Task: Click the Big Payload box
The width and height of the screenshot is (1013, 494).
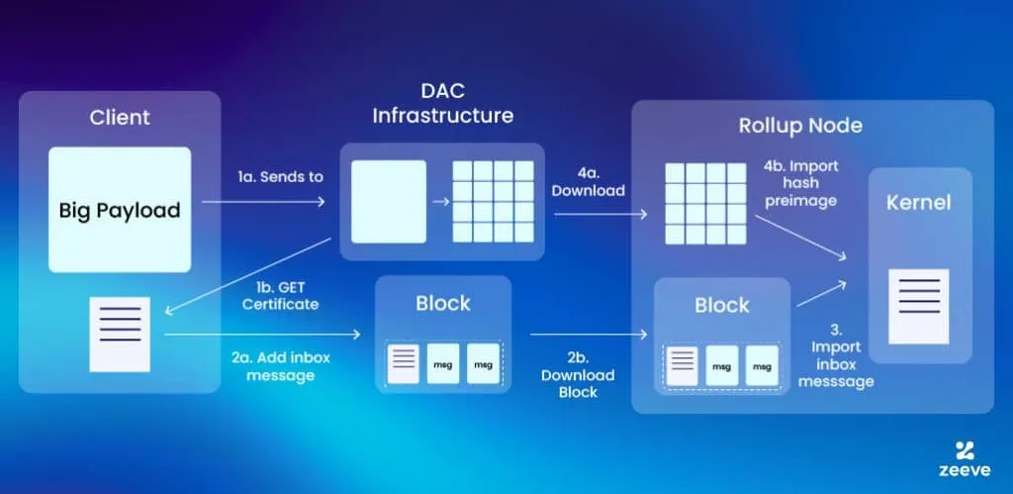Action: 119,210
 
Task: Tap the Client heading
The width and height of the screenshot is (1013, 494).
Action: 120,117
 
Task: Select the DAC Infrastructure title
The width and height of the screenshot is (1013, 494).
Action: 442,103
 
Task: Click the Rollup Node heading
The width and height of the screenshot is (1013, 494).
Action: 800,126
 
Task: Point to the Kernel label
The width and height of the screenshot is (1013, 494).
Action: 919,203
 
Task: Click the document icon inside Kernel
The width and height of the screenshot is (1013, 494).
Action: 918,306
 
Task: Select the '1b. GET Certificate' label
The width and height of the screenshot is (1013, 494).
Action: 280,295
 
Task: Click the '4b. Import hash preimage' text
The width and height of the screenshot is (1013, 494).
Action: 800,182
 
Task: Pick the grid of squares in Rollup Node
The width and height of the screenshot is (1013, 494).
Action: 705,203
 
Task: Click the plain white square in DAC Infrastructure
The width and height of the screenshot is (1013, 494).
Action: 388,202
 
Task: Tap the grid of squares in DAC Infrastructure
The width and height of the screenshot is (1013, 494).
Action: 491,202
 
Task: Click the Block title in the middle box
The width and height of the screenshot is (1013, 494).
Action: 443,302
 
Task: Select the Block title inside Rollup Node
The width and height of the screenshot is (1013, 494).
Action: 722,305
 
